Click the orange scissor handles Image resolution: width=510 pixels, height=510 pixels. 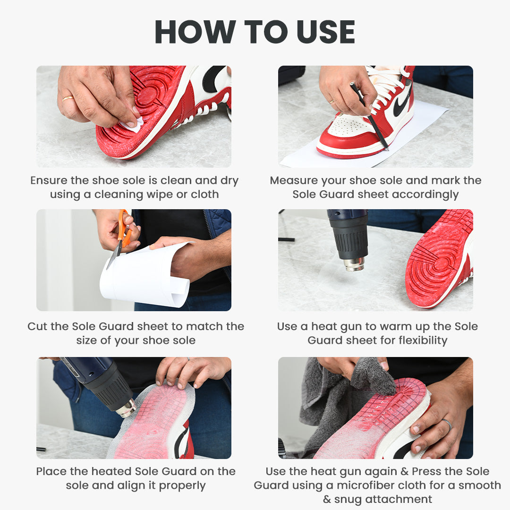(124, 225)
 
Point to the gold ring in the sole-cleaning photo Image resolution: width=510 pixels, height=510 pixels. (68, 99)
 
